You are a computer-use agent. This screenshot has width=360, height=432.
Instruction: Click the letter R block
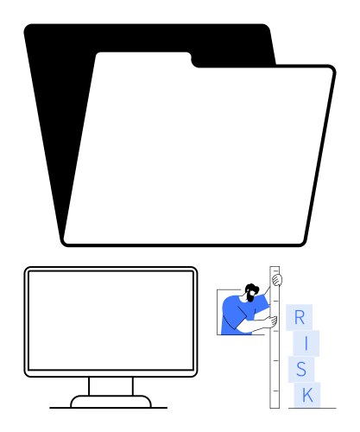pyautogui.click(x=299, y=317)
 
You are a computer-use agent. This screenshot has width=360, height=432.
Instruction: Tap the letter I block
pyautogui.click(x=306, y=343)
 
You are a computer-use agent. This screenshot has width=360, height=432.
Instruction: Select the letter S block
pyautogui.click(x=301, y=370)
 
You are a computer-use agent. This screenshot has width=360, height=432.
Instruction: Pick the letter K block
pyautogui.click(x=307, y=395)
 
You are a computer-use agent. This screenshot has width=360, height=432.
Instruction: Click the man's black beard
pyautogui.click(x=250, y=297)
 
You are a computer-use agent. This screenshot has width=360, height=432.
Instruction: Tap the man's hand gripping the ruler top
pyautogui.click(x=277, y=280)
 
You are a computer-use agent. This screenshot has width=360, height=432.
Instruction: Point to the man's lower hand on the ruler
pyautogui.click(x=271, y=321)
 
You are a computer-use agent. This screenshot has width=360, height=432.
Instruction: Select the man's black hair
pyautogui.click(x=251, y=288)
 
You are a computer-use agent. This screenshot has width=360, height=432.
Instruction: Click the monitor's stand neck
pyautogui.click(x=111, y=386)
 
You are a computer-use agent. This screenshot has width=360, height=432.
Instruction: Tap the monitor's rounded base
pyautogui.click(x=111, y=402)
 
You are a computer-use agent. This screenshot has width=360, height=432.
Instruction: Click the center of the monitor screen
pyautogui.click(x=111, y=321)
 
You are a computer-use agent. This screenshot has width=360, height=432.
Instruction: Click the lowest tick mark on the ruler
pyautogui.click(x=275, y=391)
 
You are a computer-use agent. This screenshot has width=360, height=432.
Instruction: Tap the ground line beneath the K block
pyautogui.click(x=313, y=408)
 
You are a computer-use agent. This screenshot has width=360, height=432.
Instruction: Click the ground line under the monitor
pyautogui.click(x=108, y=408)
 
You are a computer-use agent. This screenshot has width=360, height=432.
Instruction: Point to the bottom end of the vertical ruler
pyautogui.click(x=275, y=408)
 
